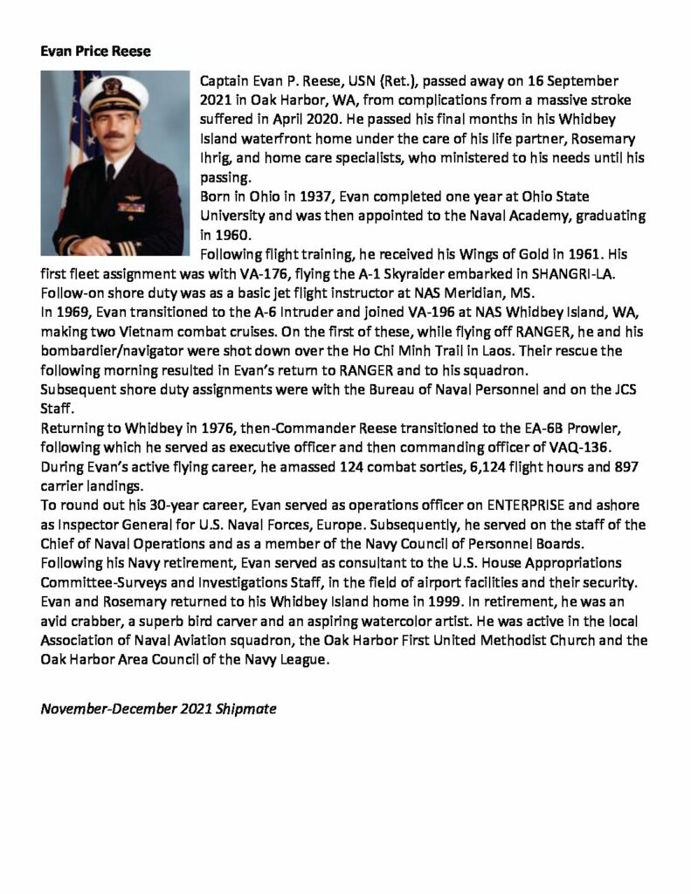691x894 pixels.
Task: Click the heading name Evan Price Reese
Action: [96, 52]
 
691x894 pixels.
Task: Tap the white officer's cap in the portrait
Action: [114, 88]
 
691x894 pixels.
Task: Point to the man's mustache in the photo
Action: [114, 134]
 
